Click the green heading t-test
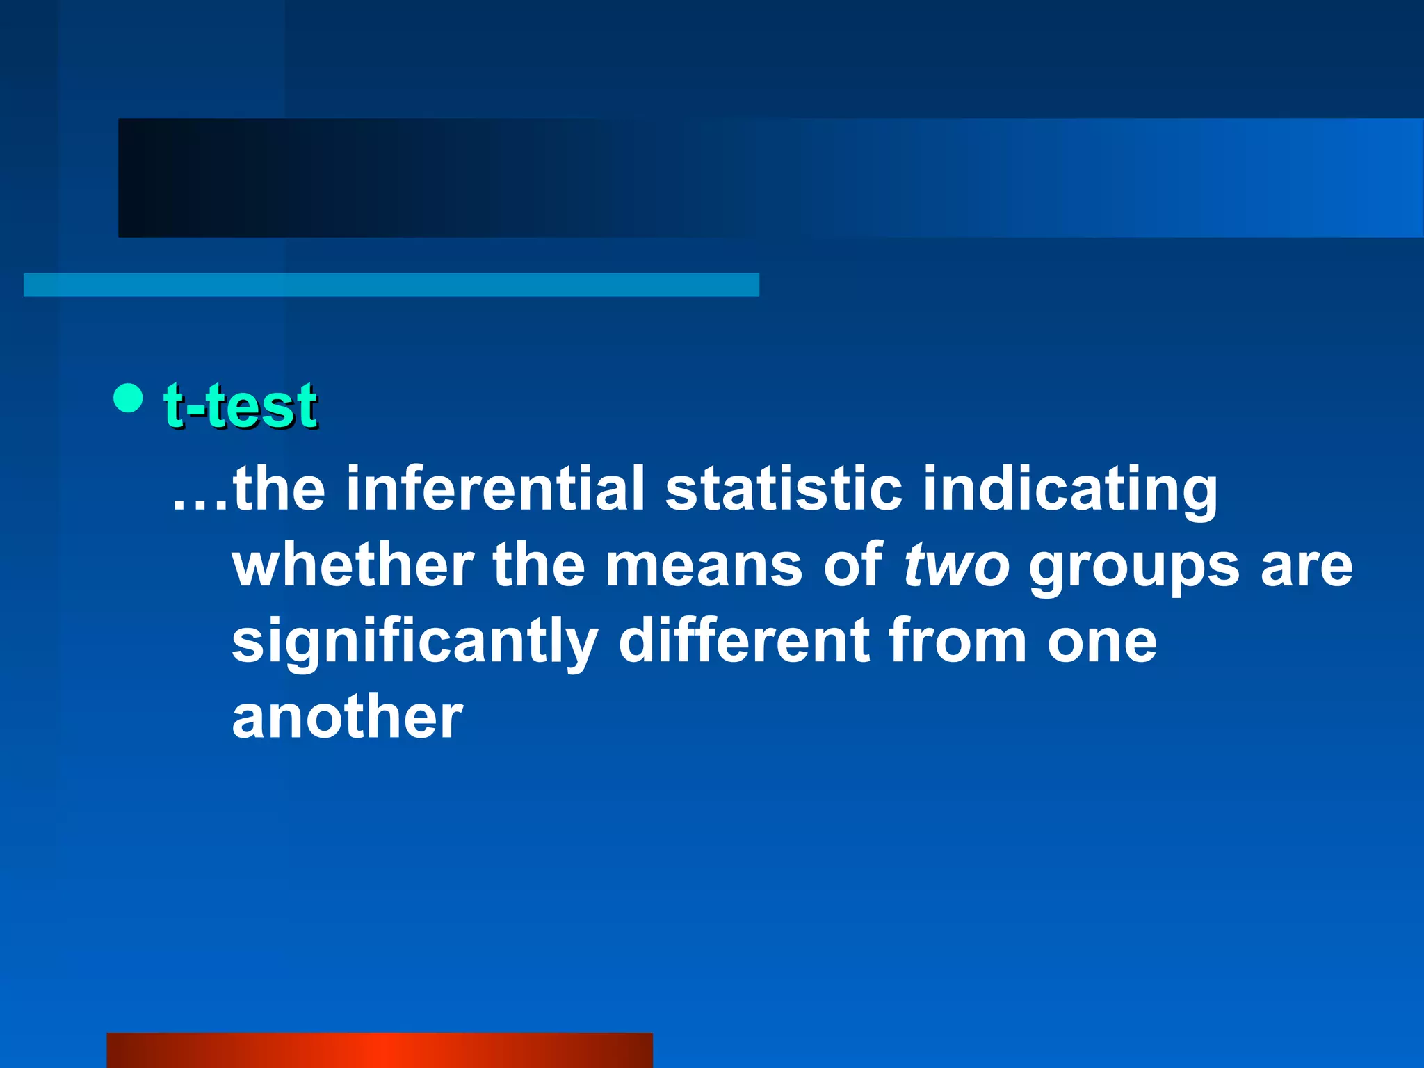241,405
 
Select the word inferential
496,488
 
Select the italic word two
956,566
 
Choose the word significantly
414,642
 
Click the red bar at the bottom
380,1050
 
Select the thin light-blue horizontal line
391,284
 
